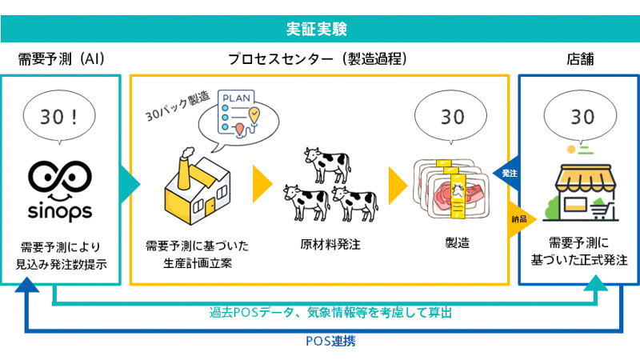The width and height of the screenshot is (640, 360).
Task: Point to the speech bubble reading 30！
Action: tap(61, 116)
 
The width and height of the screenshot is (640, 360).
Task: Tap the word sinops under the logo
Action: tap(62, 211)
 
